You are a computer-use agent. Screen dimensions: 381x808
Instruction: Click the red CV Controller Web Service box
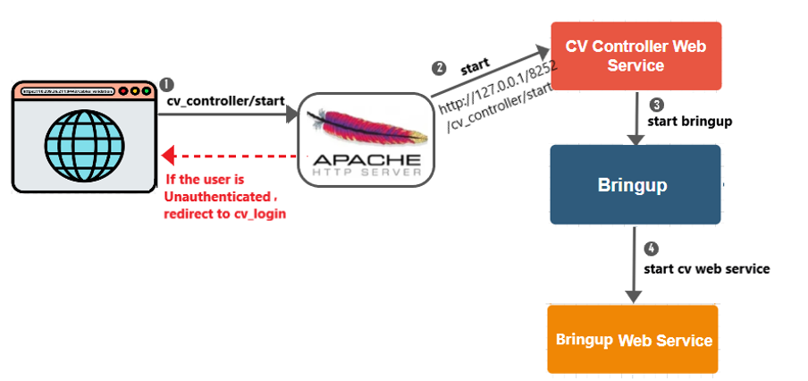pyautogui.click(x=635, y=55)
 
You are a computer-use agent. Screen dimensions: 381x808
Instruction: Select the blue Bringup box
pyautogui.click(x=635, y=185)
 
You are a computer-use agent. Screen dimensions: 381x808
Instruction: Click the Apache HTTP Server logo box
pyautogui.click(x=364, y=140)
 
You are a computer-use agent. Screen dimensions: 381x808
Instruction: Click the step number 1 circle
pyautogui.click(x=167, y=84)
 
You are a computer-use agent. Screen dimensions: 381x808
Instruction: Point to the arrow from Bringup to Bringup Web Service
pyautogui.click(x=634, y=264)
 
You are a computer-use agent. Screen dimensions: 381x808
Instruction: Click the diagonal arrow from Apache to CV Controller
pyautogui.click(x=488, y=72)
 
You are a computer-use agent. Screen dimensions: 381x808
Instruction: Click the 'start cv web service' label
pyautogui.click(x=706, y=268)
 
